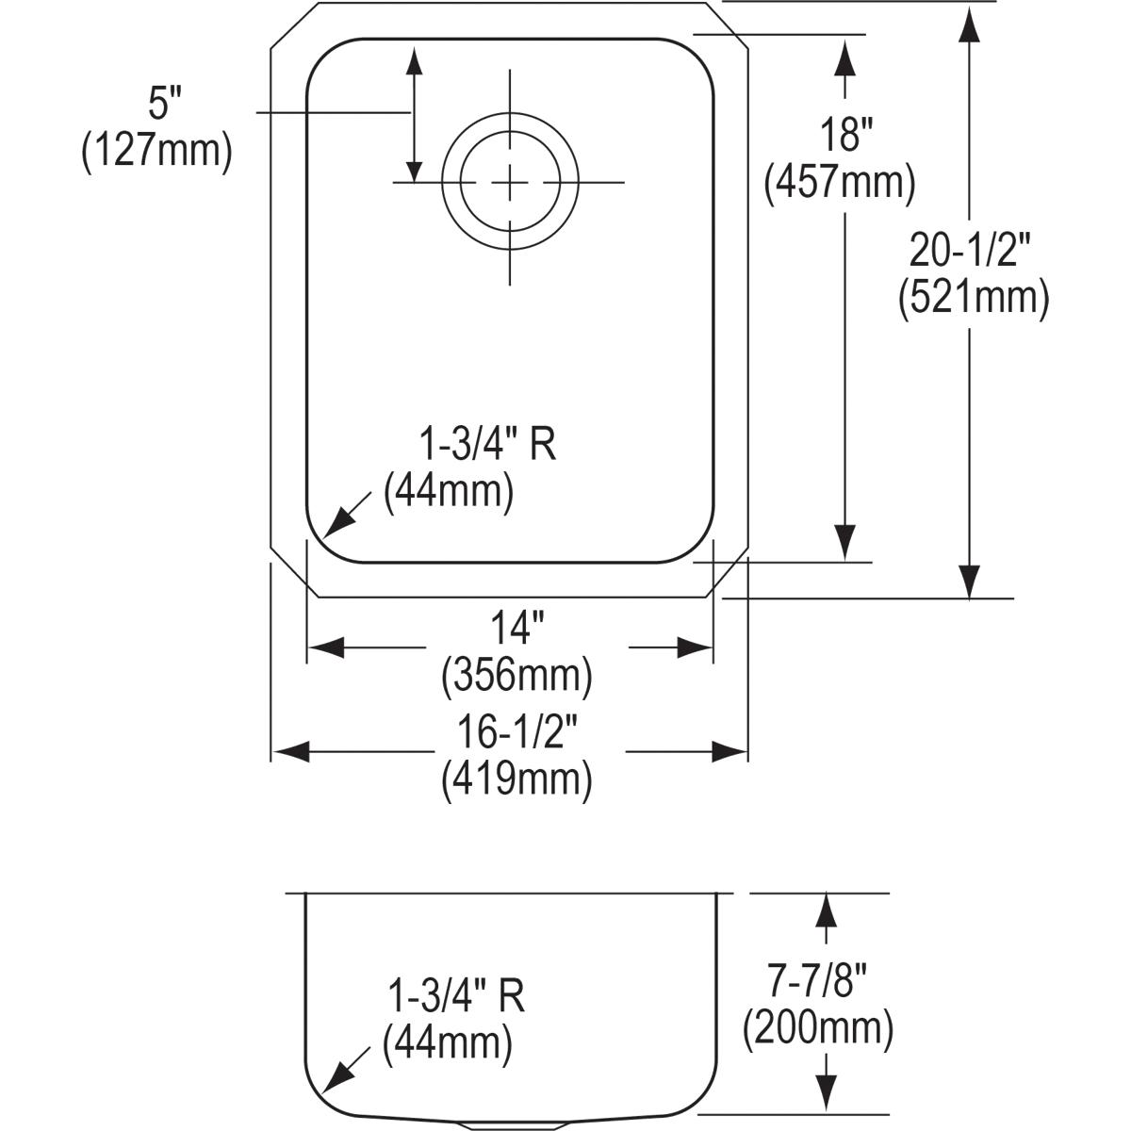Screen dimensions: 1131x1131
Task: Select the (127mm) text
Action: coord(156,152)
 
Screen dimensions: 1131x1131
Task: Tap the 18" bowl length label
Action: coord(845,134)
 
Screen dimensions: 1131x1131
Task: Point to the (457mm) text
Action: coord(840,183)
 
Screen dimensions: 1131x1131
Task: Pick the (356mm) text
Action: coord(517,676)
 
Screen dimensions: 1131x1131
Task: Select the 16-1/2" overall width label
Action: coord(517,732)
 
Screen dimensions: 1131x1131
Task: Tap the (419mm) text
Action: coord(517,780)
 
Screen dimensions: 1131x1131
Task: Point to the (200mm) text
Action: coord(818,1030)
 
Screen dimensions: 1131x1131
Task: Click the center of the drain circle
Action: coord(510,183)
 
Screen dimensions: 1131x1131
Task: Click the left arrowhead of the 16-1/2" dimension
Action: coord(291,752)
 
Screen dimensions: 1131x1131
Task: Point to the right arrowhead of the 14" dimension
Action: coord(696,647)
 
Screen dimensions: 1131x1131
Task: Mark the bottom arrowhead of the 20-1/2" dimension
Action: coord(969,581)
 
